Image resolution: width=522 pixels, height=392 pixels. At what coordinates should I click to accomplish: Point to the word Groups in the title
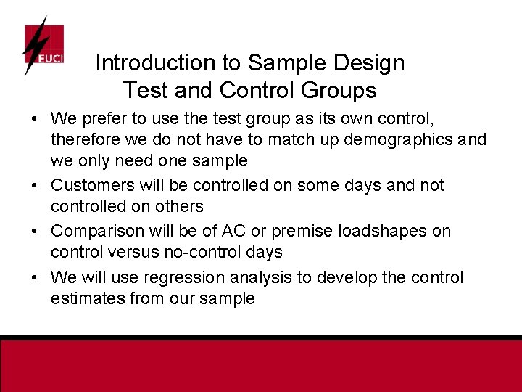coord(340,91)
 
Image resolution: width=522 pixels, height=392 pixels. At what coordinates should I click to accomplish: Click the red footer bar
coord(261,367)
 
